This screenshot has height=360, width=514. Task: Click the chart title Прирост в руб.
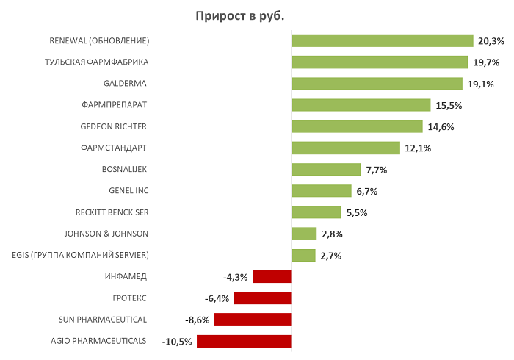click(249, 15)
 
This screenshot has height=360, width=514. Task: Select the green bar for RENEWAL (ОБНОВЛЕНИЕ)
click(382, 40)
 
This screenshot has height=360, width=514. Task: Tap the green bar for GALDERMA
click(377, 84)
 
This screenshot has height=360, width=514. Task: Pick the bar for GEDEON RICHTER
click(357, 126)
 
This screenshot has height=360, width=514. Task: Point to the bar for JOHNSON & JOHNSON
click(304, 234)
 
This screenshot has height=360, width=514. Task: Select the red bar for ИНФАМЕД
click(272, 277)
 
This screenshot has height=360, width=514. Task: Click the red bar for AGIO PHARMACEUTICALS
click(244, 341)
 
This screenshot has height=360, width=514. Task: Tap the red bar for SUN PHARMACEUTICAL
click(253, 320)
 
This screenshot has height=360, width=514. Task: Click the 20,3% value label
click(491, 41)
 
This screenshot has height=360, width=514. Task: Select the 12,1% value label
click(417, 148)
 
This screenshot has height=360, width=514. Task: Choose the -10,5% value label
click(177, 342)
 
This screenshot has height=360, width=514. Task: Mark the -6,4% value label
click(217, 299)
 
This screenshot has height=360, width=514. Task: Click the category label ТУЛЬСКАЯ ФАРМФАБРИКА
click(97, 62)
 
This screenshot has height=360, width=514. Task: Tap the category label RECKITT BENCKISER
click(112, 212)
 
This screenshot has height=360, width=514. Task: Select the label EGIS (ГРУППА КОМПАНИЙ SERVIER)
click(81, 255)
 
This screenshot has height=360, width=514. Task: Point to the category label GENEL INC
click(128, 191)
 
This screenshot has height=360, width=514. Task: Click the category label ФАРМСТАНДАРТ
click(115, 148)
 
